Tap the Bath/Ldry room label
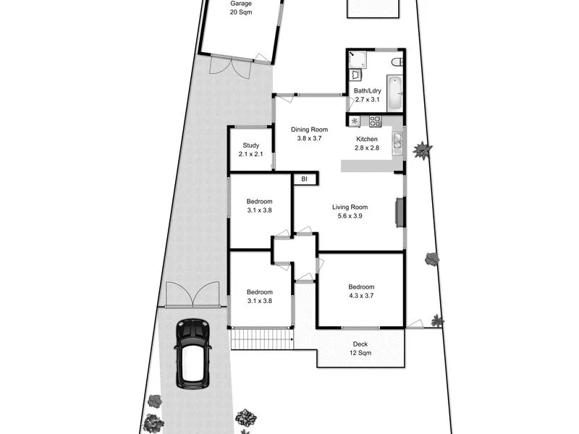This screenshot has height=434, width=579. pos(366,95)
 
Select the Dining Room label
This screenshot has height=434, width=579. pos(310,134)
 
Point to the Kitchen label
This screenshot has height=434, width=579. pos(367,143)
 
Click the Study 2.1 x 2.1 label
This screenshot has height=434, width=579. pos(250,150)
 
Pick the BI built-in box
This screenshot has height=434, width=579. pos(305,179)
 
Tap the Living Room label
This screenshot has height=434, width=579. pos(350,211)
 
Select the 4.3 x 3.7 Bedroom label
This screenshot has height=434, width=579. pos(361,290)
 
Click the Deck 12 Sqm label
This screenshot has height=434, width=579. pos(360,349)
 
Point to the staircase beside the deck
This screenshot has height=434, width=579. pos(262,339)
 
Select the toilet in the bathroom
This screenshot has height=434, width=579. pos(395,62)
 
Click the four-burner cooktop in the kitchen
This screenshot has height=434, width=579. pos(375,121)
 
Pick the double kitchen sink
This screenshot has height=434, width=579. pos(397,142)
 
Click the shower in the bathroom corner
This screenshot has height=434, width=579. pos(358,57)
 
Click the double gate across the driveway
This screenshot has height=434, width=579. pos(192,295)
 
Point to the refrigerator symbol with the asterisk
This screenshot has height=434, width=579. pos(355,121)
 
